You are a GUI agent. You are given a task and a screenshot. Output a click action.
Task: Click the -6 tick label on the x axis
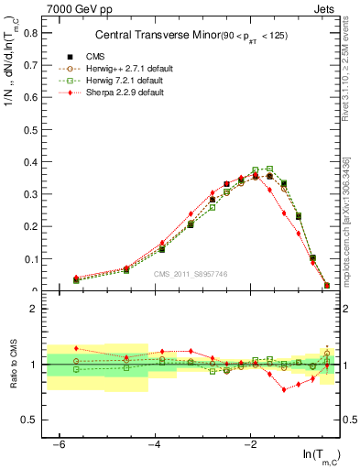[60, 443]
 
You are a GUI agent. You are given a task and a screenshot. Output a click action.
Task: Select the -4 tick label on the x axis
[155, 443]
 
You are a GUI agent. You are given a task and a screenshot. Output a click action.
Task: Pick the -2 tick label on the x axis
[250, 443]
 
